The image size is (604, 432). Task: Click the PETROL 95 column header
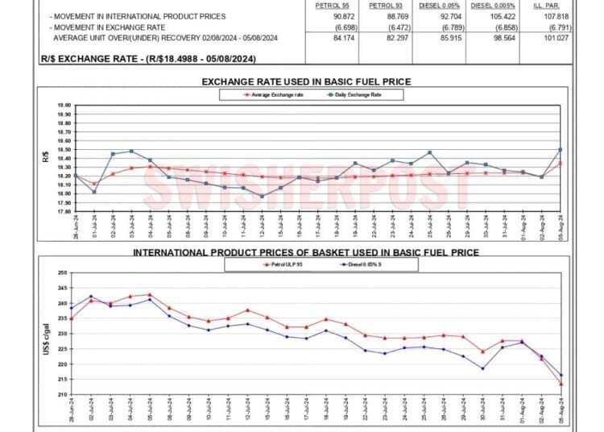[331, 5]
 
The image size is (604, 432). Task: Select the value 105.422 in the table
[484, 16]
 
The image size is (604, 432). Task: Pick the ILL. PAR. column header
[535, 5]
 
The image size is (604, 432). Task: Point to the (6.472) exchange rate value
[379, 27]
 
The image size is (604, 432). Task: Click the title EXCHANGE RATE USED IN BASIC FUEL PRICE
[306, 82]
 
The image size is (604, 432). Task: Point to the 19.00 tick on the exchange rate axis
[64, 106]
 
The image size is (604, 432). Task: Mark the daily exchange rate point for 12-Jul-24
[262, 196]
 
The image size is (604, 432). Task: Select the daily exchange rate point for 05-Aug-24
[561, 149]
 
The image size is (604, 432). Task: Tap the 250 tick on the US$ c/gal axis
[62, 273]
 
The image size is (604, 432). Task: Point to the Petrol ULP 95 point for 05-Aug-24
[561, 384]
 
